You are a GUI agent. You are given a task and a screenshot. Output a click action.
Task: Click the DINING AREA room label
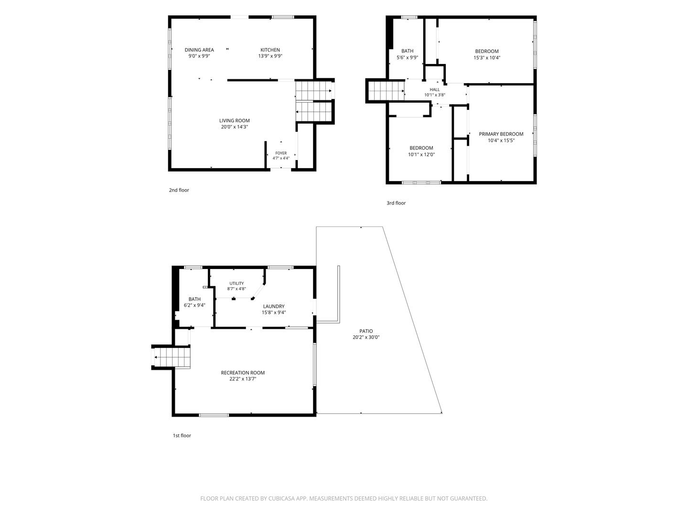coord(199,50)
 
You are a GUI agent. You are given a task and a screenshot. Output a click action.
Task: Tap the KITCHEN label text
coord(270,50)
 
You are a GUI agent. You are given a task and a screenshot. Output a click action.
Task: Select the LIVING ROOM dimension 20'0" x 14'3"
coord(234,127)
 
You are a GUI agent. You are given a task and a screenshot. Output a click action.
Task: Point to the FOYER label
coord(281,153)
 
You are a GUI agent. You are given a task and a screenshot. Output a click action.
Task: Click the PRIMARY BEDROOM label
coord(501,134)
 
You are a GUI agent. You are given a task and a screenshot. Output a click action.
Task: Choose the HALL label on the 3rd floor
coord(434,90)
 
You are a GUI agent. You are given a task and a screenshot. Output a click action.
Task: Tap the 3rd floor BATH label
coord(407,51)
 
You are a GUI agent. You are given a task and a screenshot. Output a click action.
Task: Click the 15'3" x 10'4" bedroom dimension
coord(487,58)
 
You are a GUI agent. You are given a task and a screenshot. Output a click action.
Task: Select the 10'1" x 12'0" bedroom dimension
coord(421,154)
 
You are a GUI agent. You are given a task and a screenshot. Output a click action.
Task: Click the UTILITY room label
coord(236,283)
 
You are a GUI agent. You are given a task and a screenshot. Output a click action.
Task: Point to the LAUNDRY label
coord(274,306)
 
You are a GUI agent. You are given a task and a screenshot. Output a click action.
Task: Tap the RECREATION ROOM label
coord(243,373)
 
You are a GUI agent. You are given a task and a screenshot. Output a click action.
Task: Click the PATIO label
coord(366,331)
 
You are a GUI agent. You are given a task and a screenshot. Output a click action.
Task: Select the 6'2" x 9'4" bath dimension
coord(194,305)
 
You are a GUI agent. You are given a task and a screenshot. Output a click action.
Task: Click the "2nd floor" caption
coord(179,190)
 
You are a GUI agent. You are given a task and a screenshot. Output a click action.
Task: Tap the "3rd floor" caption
coord(396,203)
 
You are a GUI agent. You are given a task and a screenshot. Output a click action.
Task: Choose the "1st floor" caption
coord(182,435)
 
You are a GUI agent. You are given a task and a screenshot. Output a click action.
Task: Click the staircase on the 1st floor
coord(172,357)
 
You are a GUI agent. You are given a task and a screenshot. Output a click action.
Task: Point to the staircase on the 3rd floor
coord(386,91)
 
